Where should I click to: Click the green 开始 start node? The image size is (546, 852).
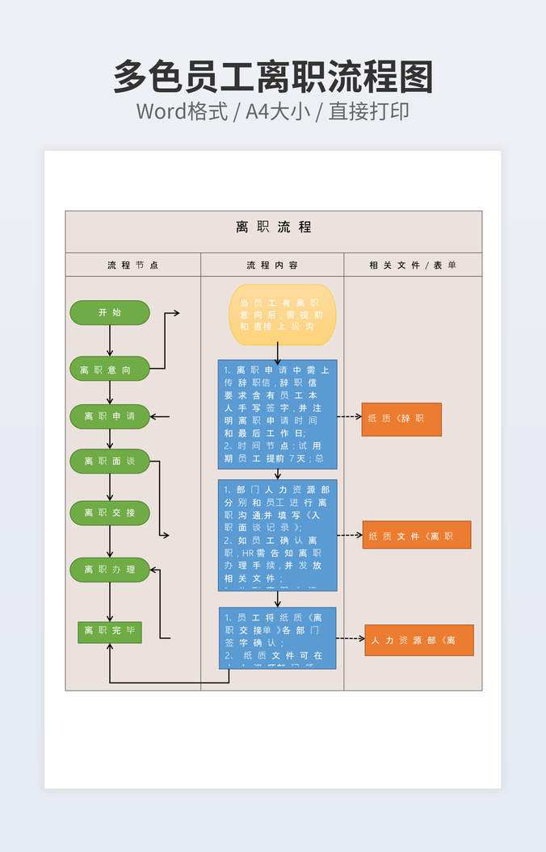[x=110, y=312]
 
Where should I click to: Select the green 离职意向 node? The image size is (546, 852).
[x=110, y=369]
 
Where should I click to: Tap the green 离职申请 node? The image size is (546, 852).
[x=110, y=416]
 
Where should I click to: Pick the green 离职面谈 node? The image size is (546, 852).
[x=110, y=461]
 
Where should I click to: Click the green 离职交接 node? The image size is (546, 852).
[x=110, y=513]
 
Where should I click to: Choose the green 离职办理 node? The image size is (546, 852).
[x=110, y=570]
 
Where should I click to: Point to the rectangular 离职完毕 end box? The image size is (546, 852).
[x=110, y=631]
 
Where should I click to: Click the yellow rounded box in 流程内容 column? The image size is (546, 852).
[x=283, y=315]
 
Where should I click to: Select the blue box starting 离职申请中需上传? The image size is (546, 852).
[x=277, y=415]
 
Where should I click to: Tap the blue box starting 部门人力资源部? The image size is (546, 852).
[x=277, y=535]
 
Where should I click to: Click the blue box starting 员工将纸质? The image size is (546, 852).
[x=277, y=638]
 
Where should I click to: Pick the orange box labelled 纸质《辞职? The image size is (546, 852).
[x=401, y=420]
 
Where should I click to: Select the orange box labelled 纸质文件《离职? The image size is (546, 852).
[x=416, y=535]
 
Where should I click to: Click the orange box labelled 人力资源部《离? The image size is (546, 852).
[x=419, y=640]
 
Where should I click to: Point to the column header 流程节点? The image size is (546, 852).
[x=132, y=265]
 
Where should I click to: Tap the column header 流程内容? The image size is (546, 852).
[x=272, y=265]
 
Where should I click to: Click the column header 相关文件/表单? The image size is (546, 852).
[x=413, y=265]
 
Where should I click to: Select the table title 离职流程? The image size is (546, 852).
[x=274, y=228]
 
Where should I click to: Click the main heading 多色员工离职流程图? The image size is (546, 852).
[x=273, y=77]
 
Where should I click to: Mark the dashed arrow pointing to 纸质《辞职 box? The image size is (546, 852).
[x=349, y=417]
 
